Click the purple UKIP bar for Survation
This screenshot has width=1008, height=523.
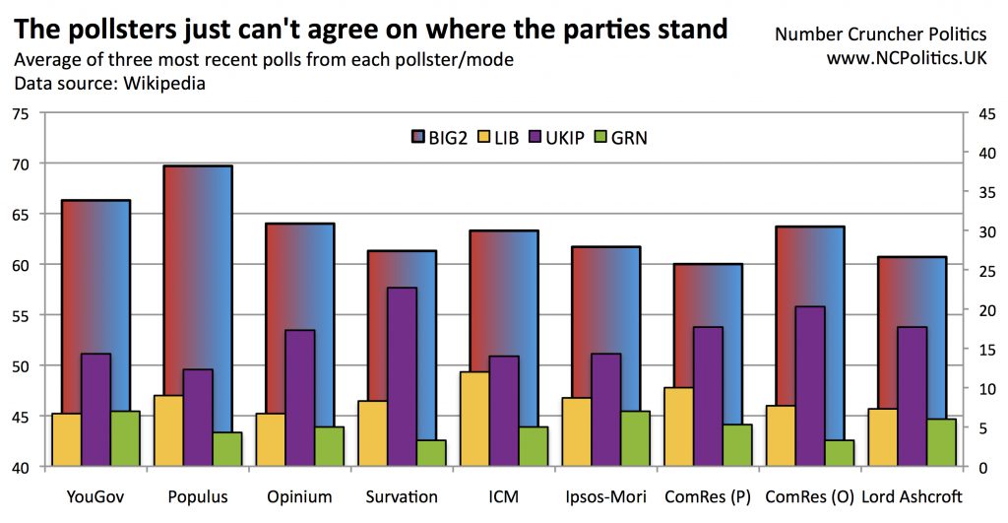(402, 374)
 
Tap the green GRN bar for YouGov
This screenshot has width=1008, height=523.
(125, 438)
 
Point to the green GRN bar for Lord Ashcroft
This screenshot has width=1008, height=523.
(941, 442)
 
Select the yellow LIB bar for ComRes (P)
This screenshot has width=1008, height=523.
(679, 426)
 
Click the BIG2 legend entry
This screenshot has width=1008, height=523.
(439, 137)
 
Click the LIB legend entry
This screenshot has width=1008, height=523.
(497, 137)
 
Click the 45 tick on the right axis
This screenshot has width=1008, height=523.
(988, 113)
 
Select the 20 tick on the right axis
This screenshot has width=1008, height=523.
(988, 310)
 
